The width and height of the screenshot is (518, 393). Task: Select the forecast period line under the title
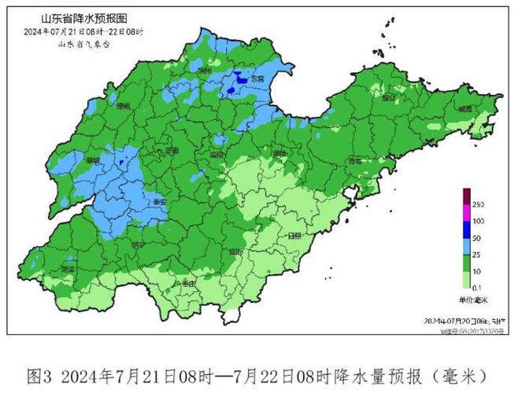coord(84,31)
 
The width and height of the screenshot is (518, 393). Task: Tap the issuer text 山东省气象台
coord(84,45)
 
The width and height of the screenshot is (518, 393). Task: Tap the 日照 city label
coord(294,235)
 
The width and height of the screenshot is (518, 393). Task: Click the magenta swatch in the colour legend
coord(466,212)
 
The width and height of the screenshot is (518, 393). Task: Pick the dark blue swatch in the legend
coord(466,229)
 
